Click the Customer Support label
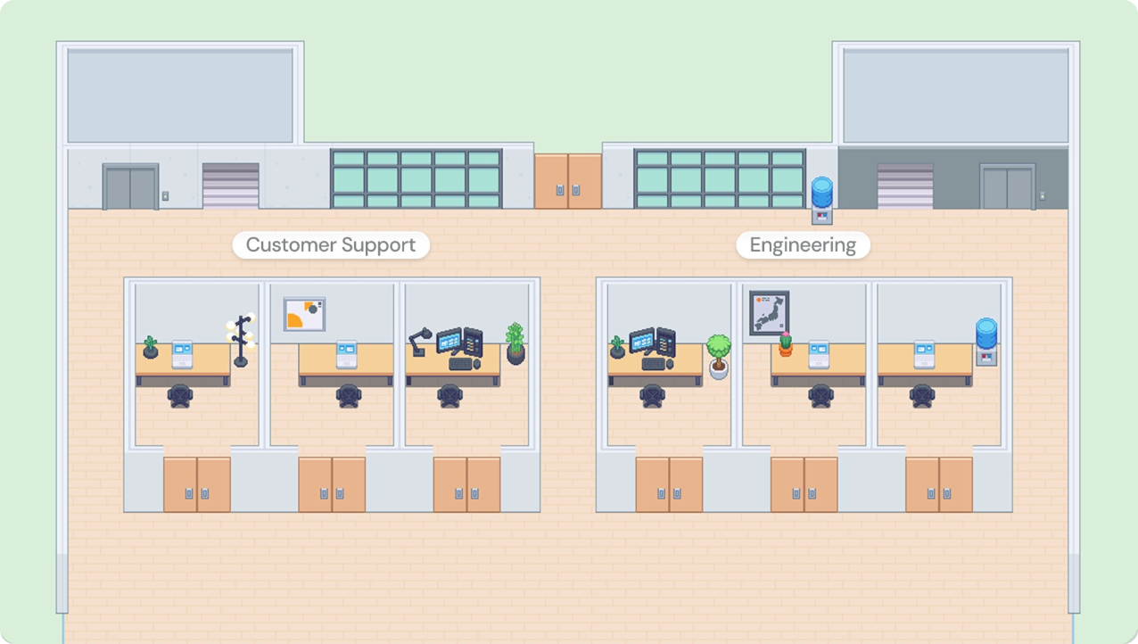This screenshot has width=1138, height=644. pos(331,245)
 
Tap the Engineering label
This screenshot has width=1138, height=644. pos(803,245)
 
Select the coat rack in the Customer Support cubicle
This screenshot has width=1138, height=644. pos(241,340)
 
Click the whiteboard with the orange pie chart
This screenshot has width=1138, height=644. pos(304,314)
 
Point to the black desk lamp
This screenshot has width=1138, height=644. pos(420,341)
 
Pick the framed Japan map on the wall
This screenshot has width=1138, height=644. pos(769,314)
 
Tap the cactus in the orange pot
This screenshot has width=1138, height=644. pos(785,343)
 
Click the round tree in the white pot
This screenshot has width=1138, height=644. pos(718,356)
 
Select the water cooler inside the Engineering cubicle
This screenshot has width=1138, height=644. pos(985,342)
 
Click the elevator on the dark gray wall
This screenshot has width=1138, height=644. pos(1007,187)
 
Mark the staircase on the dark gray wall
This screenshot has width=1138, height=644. pos(905,186)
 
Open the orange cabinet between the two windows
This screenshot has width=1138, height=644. pos(568,181)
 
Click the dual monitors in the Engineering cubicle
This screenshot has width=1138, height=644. pos(652,341)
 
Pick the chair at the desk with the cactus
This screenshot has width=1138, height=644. pos(821,396)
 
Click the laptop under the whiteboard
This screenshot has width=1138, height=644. pos(347,354)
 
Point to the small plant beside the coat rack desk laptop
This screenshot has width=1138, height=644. pos(150,348)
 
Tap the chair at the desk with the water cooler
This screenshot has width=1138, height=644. pos(922,396)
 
